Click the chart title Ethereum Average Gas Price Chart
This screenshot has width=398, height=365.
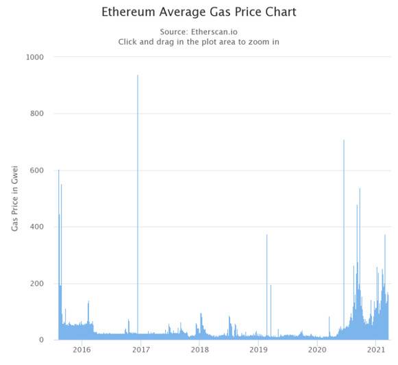pyautogui.click(x=199, y=12)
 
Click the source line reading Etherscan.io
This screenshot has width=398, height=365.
pyautogui.click(x=199, y=32)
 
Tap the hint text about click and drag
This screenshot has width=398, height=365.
pyautogui.click(x=199, y=42)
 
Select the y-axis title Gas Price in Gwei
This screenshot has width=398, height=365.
pyautogui.click(x=15, y=199)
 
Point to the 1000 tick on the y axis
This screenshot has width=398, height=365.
pyautogui.click(x=34, y=58)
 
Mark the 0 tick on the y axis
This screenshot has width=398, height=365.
pyautogui.click(x=41, y=340)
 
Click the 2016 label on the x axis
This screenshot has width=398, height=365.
pyautogui.click(x=81, y=350)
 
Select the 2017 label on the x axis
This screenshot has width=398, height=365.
pyautogui.click(x=140, y=350)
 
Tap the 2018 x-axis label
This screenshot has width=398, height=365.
pyautogui.click(x=199, y=350)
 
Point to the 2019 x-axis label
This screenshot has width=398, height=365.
pyautogui.click(x=258, y=350)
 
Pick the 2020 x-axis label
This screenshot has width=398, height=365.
pyautogui.click(x=317, y=350)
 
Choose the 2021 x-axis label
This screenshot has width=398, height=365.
pyautogui.click(x=376, y=350)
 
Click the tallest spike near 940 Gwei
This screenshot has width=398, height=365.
pyautogui.click(x=138, y=76)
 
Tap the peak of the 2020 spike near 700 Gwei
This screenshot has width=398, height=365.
pyautogui.click(x=344, y=140)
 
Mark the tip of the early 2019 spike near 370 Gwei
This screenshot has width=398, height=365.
pyautogui.click(x=266, y=235)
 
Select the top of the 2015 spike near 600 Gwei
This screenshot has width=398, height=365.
pyautogui.click(x=58, y=170)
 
